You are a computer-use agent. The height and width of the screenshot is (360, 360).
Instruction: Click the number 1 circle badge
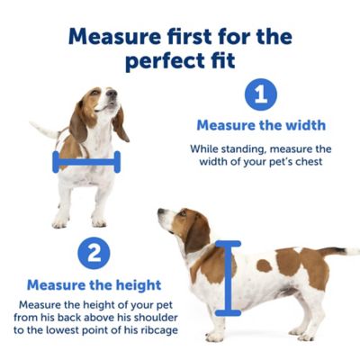coord(261,94)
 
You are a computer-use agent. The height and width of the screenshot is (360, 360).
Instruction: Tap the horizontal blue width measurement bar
coord(86,163)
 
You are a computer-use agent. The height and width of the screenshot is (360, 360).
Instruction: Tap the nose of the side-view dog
coord(159,213)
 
